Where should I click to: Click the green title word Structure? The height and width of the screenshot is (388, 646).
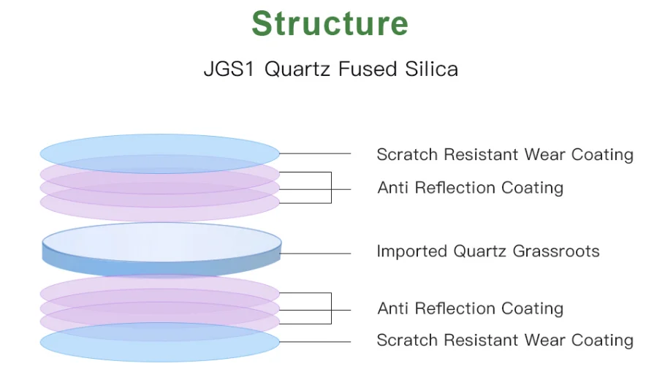tap(330, 23)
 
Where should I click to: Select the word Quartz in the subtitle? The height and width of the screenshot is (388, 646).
tap(297, 69)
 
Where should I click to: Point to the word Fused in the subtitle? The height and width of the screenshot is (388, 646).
tap(368, 69)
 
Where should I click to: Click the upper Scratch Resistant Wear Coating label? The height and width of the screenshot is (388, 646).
tap(505, 154)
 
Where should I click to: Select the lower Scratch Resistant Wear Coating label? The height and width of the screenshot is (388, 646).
tap(505, 341)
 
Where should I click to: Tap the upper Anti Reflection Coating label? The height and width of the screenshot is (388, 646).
tap(471, 187)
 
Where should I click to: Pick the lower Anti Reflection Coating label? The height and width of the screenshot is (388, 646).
tap(471, 308)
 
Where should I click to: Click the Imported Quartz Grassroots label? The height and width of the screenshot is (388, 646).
tap(488, 251)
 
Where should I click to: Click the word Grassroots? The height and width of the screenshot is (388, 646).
tap(556, 251)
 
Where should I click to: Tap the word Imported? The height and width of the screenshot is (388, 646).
tap(412, 251)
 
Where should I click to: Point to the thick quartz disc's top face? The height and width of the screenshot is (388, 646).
tap(161, 242)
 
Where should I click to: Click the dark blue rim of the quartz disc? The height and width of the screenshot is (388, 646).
tap(161, 269)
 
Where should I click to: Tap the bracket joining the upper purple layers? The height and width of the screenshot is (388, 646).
tap(331, 187)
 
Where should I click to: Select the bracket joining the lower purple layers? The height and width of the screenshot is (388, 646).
tap(331, 308)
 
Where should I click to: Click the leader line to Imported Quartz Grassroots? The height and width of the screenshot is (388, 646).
tap(316, 254)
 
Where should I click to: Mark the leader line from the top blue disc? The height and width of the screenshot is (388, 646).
tap(315, 153)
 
